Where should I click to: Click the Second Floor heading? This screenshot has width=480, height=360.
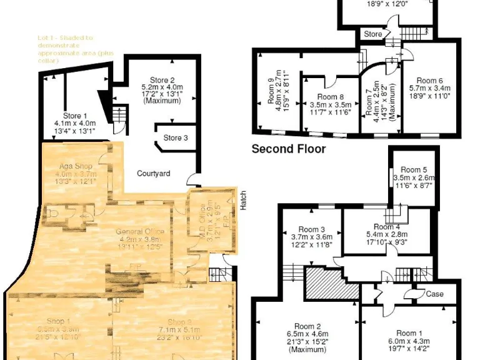coord(288,149)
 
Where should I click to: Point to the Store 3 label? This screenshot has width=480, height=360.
coord(176,138)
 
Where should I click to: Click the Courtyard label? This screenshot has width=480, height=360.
coord(154,173)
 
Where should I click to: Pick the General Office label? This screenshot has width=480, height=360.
coord(141,232)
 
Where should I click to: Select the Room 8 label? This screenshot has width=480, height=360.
coord(330,97)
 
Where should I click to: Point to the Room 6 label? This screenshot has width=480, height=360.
coord(430,81)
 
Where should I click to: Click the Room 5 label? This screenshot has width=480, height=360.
coord(414,169)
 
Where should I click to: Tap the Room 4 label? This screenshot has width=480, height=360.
coord(387,226)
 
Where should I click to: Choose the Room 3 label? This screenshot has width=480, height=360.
coord(312,229)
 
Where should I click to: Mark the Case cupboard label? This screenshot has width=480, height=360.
coord(434,294)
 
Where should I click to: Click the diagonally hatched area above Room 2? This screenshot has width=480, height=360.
coord(331,283)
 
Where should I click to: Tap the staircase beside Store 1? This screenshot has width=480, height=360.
coord(119,114)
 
